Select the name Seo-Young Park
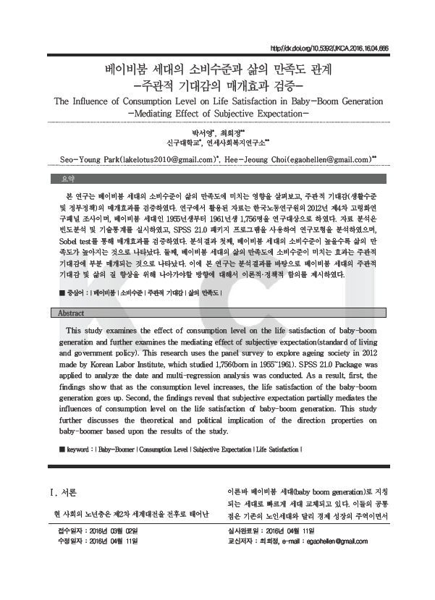tap(87, 158)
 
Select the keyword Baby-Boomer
tap(117, 449)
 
